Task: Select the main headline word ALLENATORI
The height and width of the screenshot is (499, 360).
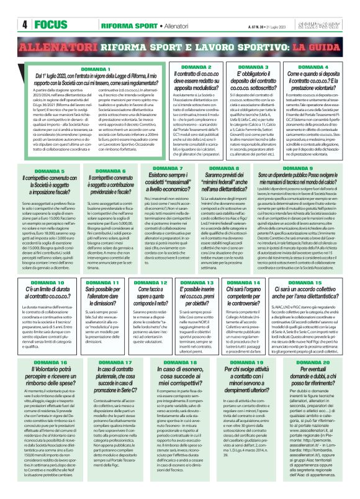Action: (50, 47)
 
